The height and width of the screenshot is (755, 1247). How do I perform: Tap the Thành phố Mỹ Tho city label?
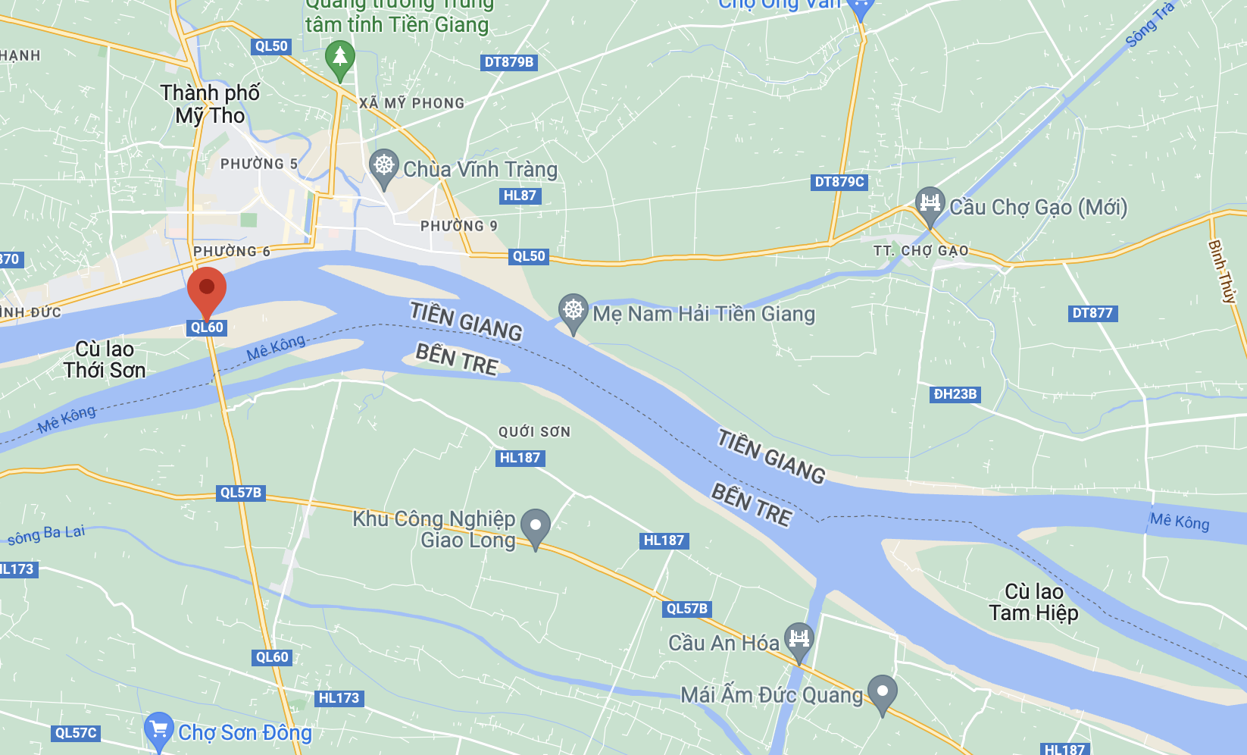tap(210, 104)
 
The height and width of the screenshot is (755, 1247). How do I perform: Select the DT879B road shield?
tap(509, 62)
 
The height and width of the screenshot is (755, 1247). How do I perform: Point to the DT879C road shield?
tap(839, 182)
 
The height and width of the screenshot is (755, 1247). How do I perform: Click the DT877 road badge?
tap(1092, 313)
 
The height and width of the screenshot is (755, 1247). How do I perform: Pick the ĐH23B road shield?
tap(955, 394)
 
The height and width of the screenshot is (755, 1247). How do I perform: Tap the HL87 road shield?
tap(520, 196)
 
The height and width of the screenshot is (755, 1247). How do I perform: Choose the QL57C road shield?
tap(76, 733)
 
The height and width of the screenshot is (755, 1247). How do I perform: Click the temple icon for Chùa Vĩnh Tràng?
tap(384, 166)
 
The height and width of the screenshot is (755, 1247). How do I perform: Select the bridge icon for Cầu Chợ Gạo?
tap(930, 204)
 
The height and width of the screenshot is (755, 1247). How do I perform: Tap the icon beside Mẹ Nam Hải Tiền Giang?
tap(573, 311)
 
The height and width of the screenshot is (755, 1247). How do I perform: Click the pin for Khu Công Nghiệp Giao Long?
tap(535, 525)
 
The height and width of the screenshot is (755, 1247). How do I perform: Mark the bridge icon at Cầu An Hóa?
tap(799, 638)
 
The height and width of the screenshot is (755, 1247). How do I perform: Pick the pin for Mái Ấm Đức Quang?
tap(882, 691)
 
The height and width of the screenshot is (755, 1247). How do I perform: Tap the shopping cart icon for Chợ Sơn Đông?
tap(158, 729)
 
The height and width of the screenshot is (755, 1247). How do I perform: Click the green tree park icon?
tap(339, 58)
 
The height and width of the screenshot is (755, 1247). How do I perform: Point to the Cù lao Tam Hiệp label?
tap(1033, 602)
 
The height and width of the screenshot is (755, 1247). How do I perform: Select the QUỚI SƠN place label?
tap(534, 432)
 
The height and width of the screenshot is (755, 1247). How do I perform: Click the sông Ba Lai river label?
tap(46, 534)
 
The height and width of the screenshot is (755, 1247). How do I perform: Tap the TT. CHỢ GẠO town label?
tap(920, 251)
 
